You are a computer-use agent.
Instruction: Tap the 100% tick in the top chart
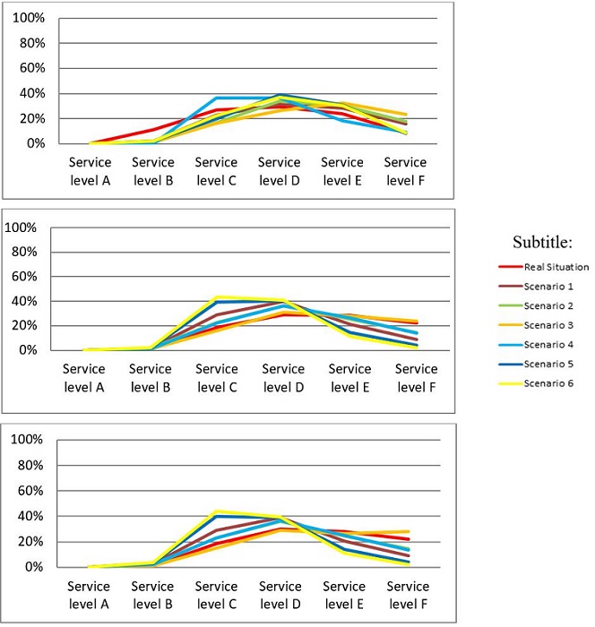[x=29, y=18]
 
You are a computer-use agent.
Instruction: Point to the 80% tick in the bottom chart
[x=27, y=465]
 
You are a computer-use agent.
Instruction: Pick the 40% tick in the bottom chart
[x=27, y=516]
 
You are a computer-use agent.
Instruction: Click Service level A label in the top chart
[x=90, y=170]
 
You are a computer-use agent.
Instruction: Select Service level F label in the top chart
[x=404, y=170]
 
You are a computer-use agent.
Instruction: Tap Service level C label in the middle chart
[x=216, y=377]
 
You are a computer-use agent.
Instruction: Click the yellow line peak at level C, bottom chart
[x=217, y=511]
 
